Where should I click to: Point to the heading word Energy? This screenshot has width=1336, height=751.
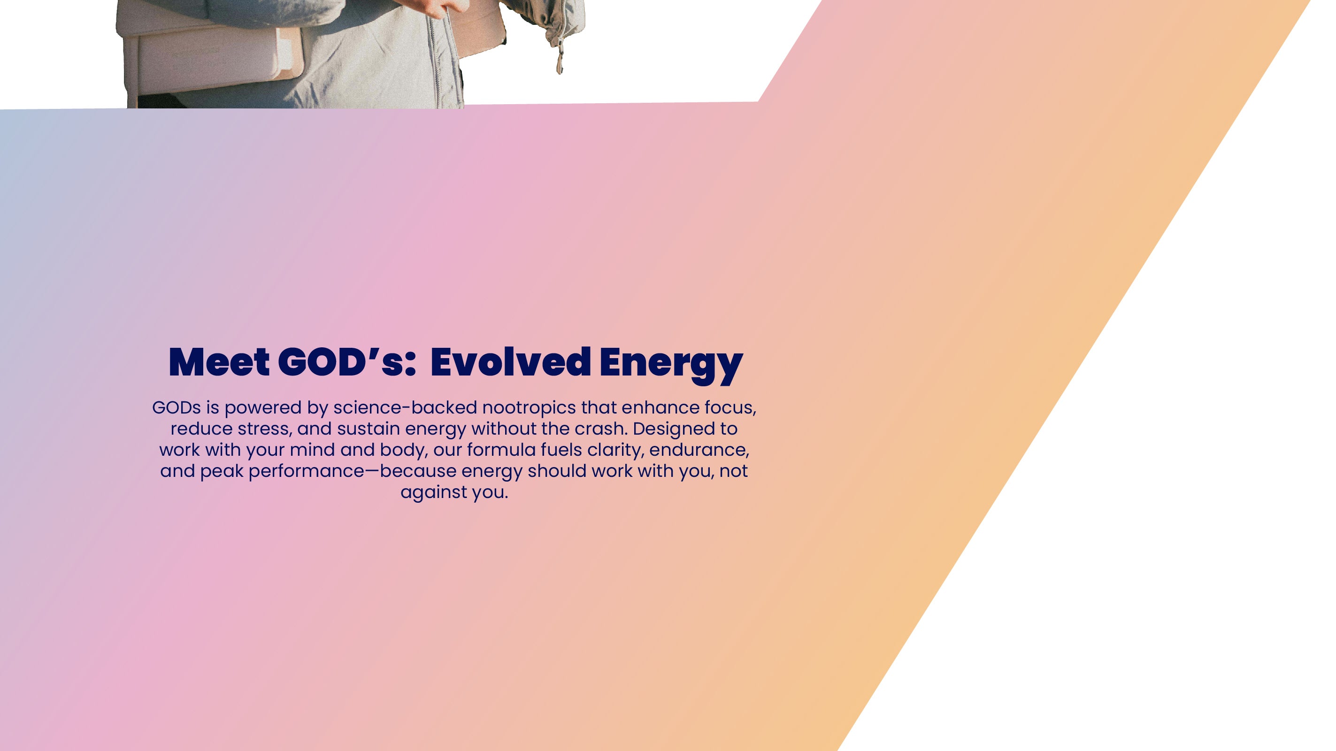click(671, 365)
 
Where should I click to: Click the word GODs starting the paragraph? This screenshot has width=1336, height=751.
click(177, 408)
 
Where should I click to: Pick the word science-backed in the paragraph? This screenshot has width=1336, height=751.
click(405, 408)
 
